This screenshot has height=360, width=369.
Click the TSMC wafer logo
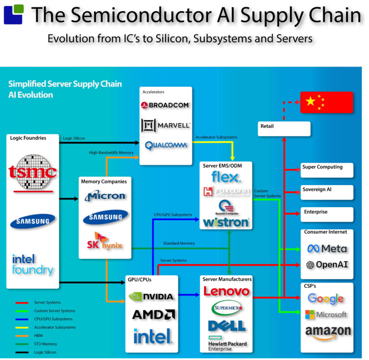click(33, 172)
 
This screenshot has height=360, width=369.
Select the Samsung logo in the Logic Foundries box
click(33, 221)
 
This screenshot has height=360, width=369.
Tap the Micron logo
click(105, 196)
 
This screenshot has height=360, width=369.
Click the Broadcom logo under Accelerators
click(165, 105)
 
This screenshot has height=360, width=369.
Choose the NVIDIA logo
click(151, 296)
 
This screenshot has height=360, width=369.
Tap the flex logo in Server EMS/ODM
click(226, 177)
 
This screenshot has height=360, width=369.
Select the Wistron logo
click(226, 222)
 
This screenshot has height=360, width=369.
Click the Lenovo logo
click(226, 291)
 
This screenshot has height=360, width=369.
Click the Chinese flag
click(326, 102)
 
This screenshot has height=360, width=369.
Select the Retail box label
click(267, 126)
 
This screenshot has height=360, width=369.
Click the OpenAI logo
click(327, 265)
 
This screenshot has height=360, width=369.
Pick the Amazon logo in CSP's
click(328, 332)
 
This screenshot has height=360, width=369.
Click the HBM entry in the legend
click(38, 335)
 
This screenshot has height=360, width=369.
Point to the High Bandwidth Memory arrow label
click(111, 153)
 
